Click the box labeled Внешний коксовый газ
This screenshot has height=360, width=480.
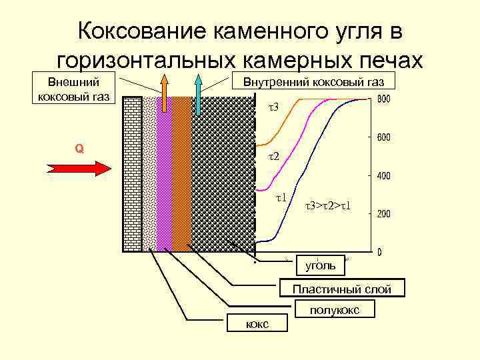click(74, 89)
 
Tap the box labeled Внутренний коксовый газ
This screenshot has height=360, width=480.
click(313, 81)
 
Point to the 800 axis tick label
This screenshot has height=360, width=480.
click(385, 100)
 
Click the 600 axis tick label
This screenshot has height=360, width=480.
click(385, 138)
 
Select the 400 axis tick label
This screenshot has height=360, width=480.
click(385, 177)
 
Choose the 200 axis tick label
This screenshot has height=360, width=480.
click(385, 215)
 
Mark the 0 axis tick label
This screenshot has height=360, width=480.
click(379, 253)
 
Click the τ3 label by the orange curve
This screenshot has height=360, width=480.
click(275, 107)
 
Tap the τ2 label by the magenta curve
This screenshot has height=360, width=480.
click(274, 157)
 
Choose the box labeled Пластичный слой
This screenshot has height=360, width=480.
click(342, 289)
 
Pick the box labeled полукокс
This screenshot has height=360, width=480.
click(335, 310)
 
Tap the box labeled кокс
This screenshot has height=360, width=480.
click(257, 323)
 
